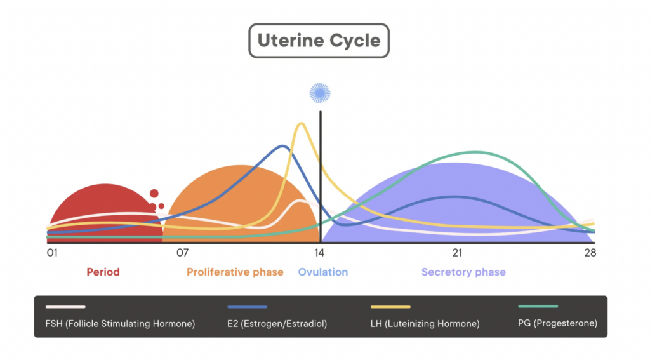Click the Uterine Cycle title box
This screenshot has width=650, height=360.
pyautogui.click(x=319, y=41)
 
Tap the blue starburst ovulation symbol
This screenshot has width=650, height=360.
pyautogui.click(x=320, y=93)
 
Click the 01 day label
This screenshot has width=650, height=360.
pyautogui.click(x=52, y=253)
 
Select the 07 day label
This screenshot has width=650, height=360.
pyautogui.click(x=182, y=253)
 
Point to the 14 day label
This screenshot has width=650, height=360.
pyautogui.click(x=319, y=253)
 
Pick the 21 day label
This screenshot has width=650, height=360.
pyautogui.click(x=457, y=253)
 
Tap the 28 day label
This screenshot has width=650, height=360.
pyautogui.click(x=590, y=253)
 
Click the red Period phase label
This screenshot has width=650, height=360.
pyautogui.click(x=103, y=272)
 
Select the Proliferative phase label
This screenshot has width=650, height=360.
pyautogui.click(x=235, y=272)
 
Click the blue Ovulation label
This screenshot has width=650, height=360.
pyautogui.click(x=323, y=272)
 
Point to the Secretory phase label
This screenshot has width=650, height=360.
pyautogui.click(x=463, y=272)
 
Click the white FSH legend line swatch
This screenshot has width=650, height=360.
pyautogui.click(x=65, y=307)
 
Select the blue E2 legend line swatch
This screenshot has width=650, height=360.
pyautogui.click(x=248, y=307)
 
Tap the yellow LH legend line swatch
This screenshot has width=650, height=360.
pyautogui.click(x=390, y=307)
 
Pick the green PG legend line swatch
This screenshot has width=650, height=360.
pyautogui.click(x=538, y=307)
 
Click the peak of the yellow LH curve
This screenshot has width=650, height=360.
pyautogui.click(x=302, y=124)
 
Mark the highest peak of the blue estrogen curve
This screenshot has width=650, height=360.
pyautogui.click(x=283, y=146)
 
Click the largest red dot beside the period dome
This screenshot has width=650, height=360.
pyautogui.click(x=154, y=193)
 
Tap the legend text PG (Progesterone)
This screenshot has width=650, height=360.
pyautogui.click(x=557, y=323)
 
